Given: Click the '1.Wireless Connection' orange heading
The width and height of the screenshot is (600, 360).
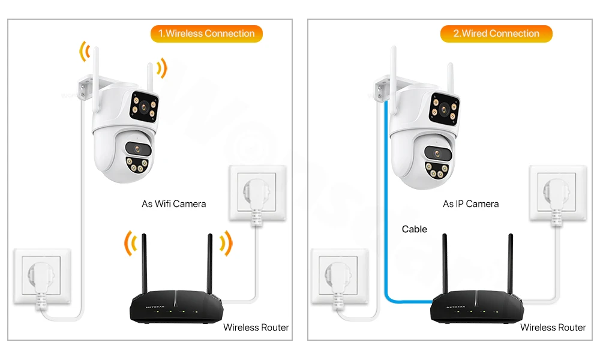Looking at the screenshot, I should pyautogui.click(x=206, y=34).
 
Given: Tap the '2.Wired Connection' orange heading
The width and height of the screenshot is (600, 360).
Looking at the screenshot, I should pyautogui.click(x=496, y=34).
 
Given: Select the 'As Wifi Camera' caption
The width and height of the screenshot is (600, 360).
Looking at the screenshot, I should pyautogui.click(x=173, y=204).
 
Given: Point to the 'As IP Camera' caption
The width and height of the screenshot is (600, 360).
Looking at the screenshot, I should pyautogui.click(x=470, y=204).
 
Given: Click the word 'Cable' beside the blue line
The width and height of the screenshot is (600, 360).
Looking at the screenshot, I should pyautogui.click(x=414, y=229).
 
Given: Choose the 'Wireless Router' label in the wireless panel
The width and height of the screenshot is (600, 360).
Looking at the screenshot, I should pyautogui.click(x=256, y=328).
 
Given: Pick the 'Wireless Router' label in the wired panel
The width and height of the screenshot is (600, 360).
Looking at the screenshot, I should pyautogui.click(x=553, y=328).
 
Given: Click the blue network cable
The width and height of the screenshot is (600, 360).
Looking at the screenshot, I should pyautogui.click(x=385, y=210).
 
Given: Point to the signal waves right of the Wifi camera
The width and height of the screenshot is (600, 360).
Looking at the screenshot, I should pyautogui.click(x=160, y=68).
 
